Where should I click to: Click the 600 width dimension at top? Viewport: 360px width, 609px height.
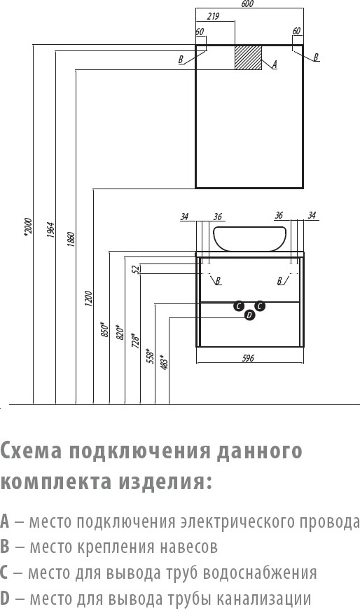coord(247,4)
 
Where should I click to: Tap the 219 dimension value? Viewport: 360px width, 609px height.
coord(213,16)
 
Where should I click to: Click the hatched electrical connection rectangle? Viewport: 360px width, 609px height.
coord(248,57)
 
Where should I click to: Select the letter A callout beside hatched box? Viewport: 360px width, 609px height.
coord(274,65)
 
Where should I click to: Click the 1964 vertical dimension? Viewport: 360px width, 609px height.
coord(51,230)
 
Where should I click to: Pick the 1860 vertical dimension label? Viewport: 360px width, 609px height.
coord(71,240)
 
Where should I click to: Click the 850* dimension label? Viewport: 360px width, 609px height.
coord(104,329)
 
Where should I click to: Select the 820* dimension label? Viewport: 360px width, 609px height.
coord(120,332)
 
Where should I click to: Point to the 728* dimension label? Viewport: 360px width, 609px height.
coord(136,340)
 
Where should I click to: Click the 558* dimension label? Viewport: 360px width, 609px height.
coord(151,356)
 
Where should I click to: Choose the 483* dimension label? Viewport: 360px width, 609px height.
coord(165,362)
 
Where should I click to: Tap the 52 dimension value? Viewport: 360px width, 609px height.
coord(136,269)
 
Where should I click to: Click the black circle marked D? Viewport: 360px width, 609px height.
coord(250,315)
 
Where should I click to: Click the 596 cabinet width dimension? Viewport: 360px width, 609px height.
coord(248,357)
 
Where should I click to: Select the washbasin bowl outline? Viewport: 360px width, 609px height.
coord(250,238)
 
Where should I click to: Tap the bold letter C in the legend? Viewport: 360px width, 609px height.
coord(4,573)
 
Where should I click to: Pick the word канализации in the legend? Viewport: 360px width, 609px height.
coord(263,598)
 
